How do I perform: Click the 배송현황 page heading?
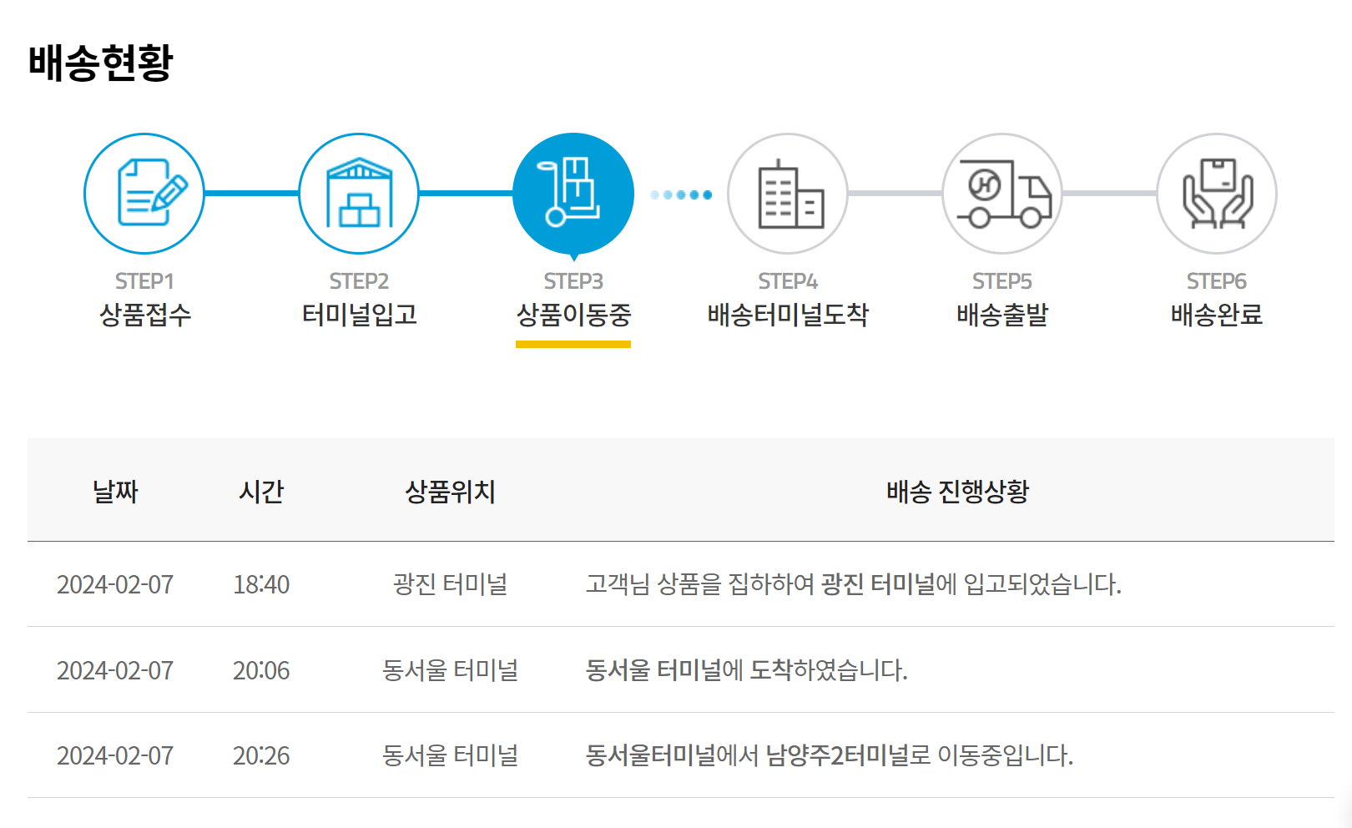point(100,63)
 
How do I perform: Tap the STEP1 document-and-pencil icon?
point(144,194)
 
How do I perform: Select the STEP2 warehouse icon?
point(359,194)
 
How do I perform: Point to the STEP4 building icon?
point(788,194)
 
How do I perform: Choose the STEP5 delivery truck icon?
point(1002,194)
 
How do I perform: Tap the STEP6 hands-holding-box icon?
point(1217,194)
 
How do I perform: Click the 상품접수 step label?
point(145,315)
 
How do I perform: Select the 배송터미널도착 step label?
point(788,315)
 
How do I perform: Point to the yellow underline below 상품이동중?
point(573,344)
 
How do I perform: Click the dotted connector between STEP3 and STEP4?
point(681,194)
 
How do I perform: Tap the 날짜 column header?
point(115,491)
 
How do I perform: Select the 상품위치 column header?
point(450,491)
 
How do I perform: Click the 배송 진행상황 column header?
point(957,491)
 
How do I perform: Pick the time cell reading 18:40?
point(261,584)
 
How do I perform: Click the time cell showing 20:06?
point(261,670)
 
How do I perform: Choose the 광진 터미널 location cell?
point(450,584)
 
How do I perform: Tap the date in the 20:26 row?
point(115,755)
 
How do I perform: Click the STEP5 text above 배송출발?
point(1002,281)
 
